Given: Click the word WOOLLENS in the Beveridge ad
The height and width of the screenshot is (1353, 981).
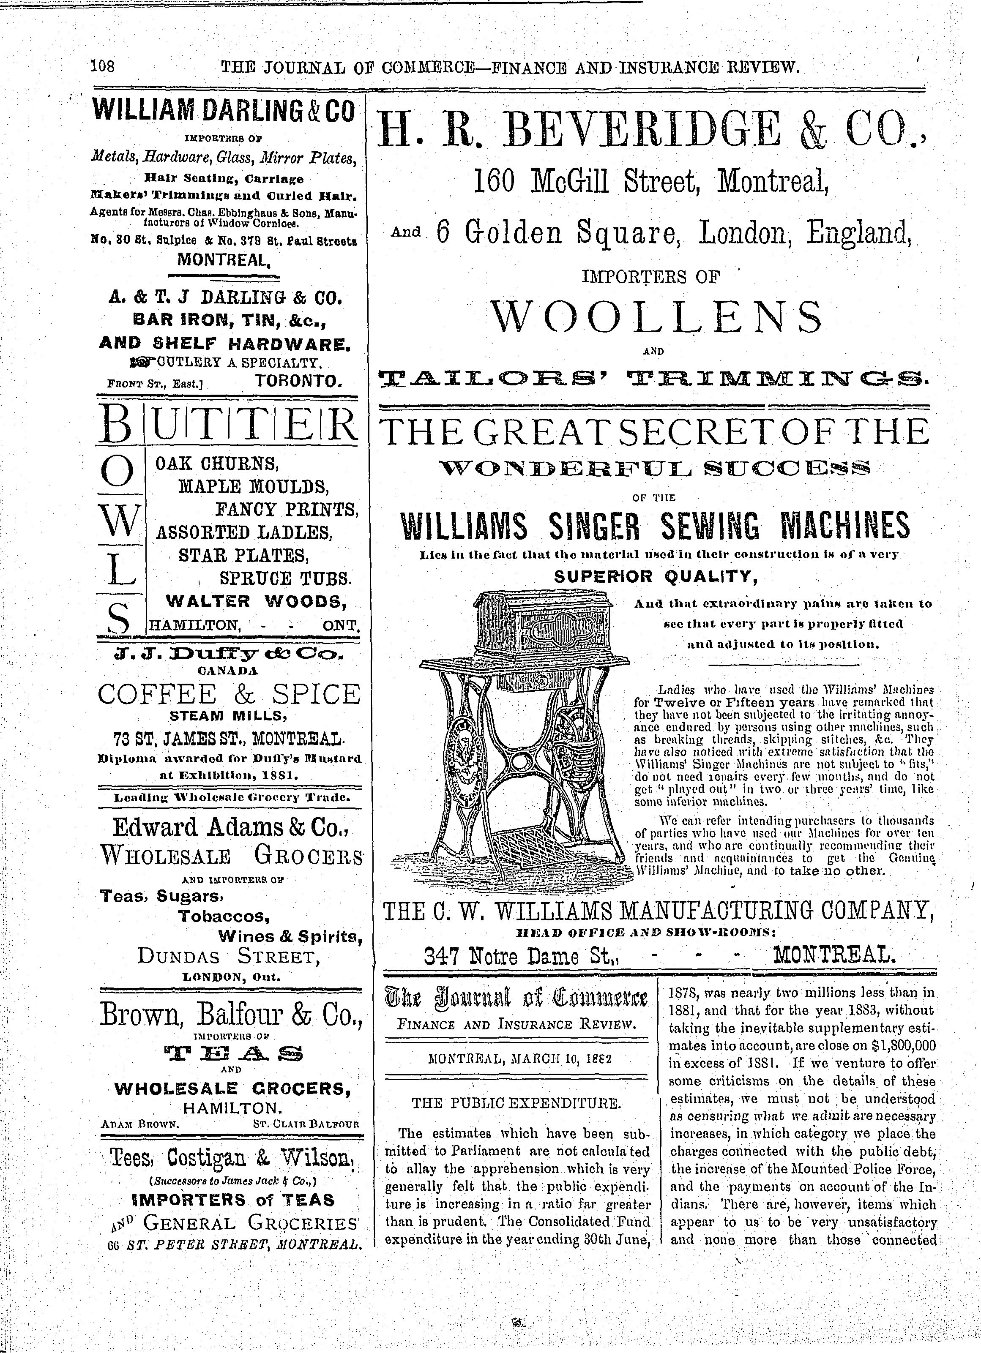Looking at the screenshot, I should tap(655, 317).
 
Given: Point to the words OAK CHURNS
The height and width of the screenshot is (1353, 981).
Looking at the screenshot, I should tap(216, 463).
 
